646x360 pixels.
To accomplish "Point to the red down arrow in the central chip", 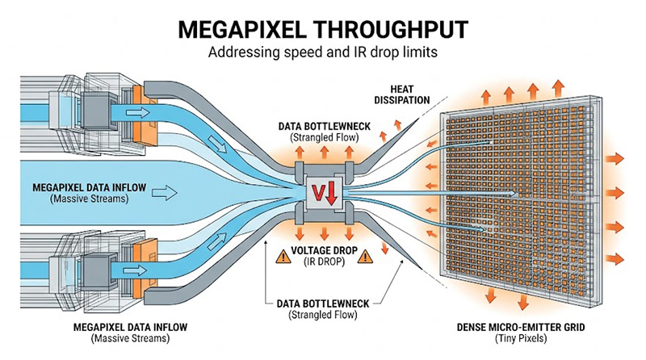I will (x=332, y=192).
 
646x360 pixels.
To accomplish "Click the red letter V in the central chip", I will (x=318, y=192).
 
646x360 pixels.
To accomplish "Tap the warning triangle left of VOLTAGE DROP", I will (x=283, y=257).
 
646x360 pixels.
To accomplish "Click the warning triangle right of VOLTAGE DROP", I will (x=364, y=257).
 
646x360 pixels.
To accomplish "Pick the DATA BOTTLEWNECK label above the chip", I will (x=321, y=127).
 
